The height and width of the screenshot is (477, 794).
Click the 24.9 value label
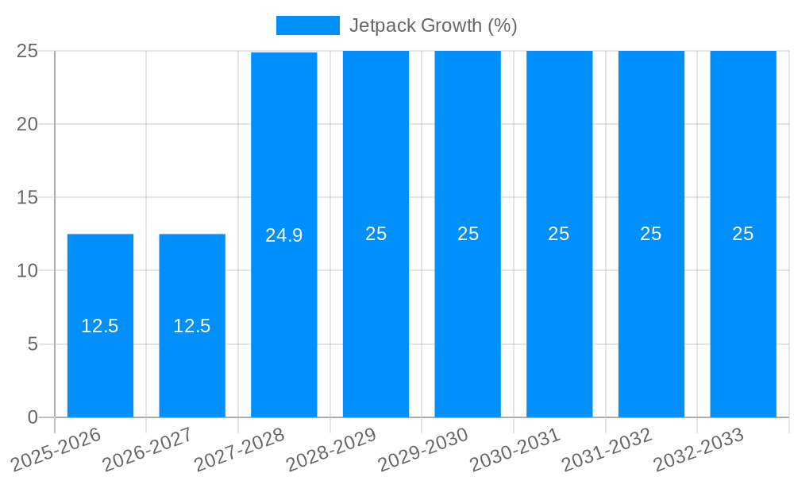(x=283, y=235)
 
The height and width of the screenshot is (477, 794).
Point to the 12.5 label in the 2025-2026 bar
(x=100, y=326)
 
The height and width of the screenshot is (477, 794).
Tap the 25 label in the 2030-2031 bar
(x=559, y=234)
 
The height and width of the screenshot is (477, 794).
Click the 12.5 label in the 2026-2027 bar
(x=192, y=326)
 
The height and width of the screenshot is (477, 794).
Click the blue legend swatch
(x=307, y=25)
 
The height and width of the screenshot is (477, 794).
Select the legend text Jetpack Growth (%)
(x=434, y=25)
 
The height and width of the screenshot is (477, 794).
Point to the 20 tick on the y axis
(x=28, y=124)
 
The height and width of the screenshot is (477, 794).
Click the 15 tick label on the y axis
(x=28, y=197)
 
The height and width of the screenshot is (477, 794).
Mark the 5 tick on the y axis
(x=33, y=344)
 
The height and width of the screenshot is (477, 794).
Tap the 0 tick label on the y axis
(x=33, y=417)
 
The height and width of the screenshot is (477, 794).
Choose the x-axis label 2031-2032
(x=607, y=450)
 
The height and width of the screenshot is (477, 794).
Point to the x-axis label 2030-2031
(x=515, y=450)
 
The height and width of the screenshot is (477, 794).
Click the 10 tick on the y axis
(x=28, y=271)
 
